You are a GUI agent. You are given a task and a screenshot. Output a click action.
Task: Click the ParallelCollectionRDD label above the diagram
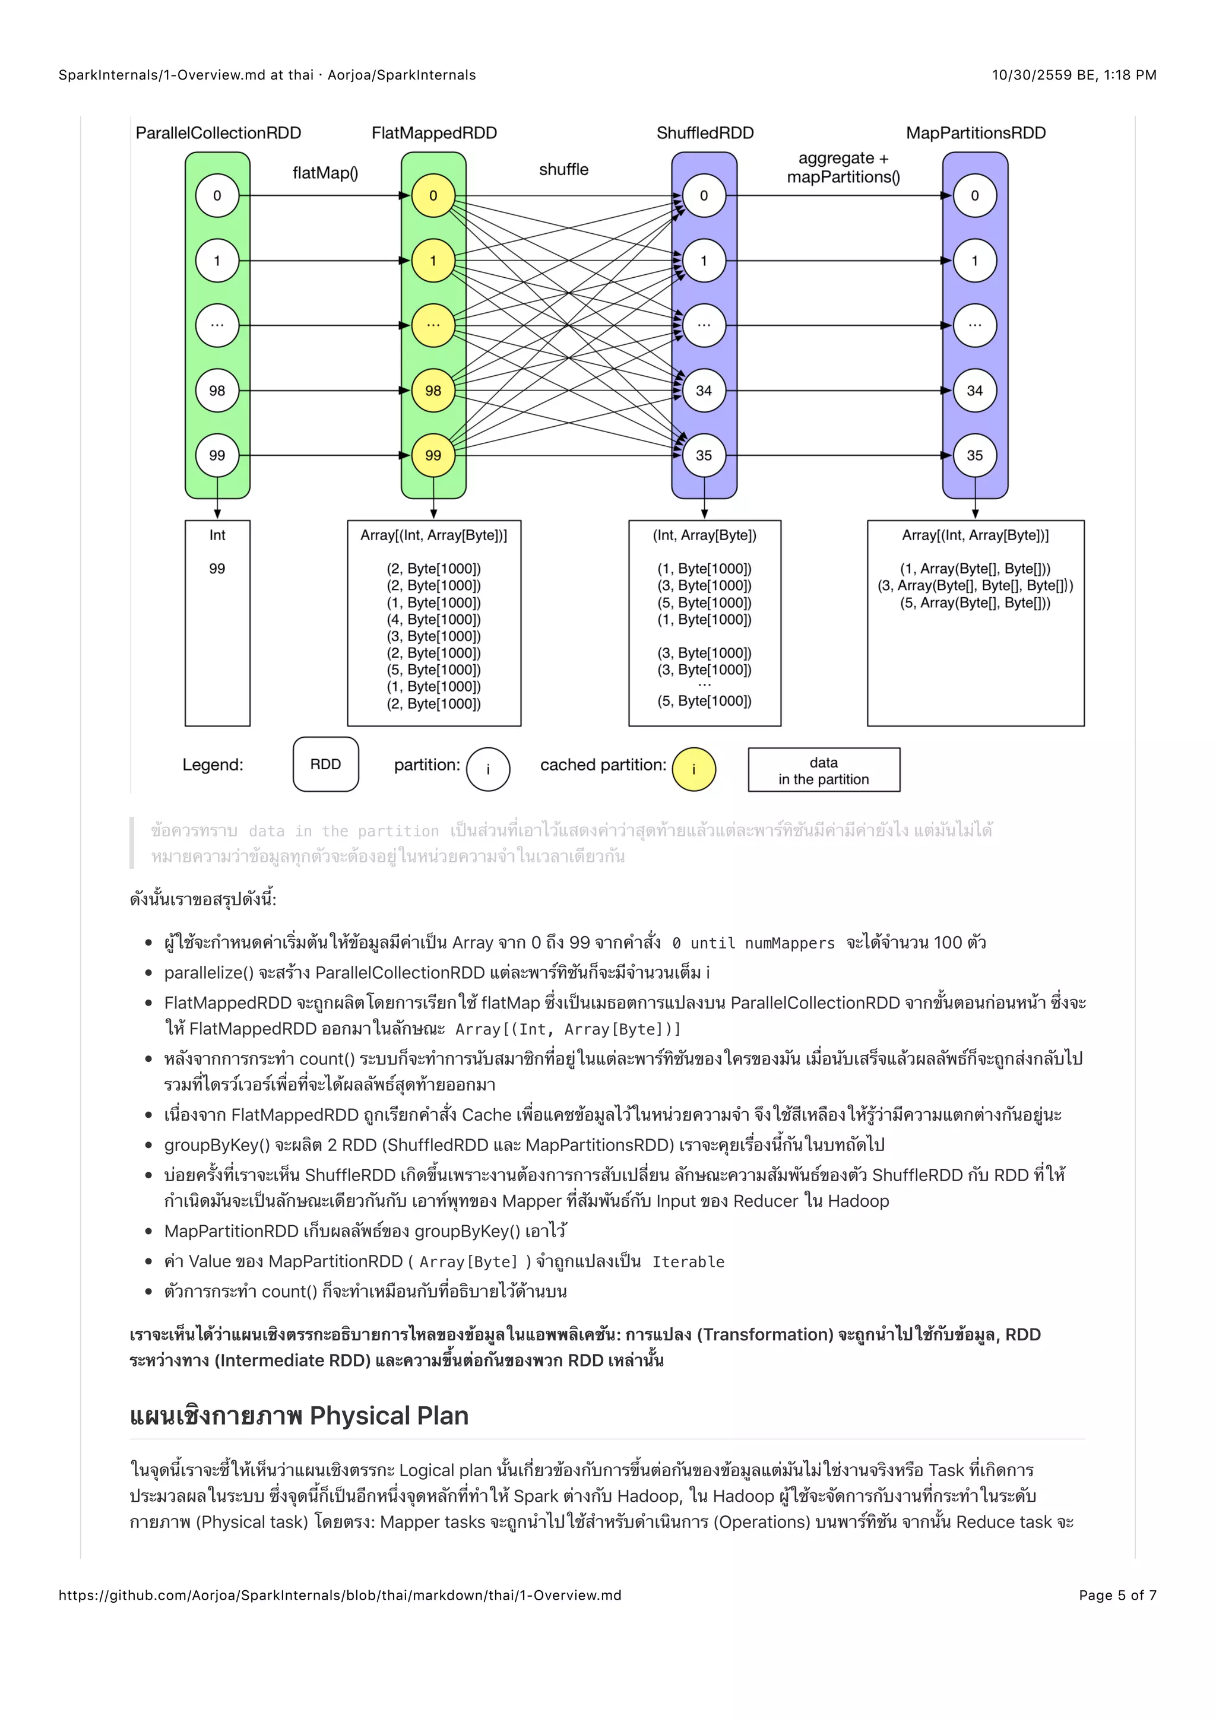tap(218, 134)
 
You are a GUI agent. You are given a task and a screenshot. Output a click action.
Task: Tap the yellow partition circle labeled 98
tap(433, 390)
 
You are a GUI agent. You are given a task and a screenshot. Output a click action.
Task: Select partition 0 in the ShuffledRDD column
tap(704, 195)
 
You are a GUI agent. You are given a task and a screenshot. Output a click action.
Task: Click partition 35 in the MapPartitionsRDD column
tap(974, 455)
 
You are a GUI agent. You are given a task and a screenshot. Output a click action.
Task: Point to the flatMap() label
tap(325, 173)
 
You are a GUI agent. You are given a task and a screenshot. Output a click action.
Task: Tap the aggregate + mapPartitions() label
tap(843, 168)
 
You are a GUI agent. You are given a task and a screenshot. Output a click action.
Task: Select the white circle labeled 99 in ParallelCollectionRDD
tap(217, 455)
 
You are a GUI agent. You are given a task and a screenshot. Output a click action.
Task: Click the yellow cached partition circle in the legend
tap(693, 769)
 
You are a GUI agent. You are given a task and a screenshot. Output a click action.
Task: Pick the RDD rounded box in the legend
tap(326, 765)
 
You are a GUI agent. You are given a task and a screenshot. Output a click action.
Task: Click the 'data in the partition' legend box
tap(824, 770)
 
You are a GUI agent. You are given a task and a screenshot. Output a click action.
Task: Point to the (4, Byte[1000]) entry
tap(433, 619)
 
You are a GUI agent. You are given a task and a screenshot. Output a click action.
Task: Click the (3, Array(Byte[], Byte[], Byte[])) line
tap(975, 585)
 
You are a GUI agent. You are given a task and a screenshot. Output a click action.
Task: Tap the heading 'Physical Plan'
tap(389, 1416)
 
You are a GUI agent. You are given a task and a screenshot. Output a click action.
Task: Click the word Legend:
tap(213, 765)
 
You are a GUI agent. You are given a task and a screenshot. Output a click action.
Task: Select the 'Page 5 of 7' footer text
tap(1117, 1595)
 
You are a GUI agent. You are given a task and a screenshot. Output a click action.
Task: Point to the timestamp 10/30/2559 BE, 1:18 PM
tap(1073, 75)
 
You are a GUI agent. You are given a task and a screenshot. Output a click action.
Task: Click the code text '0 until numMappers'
tap(752, 943)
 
